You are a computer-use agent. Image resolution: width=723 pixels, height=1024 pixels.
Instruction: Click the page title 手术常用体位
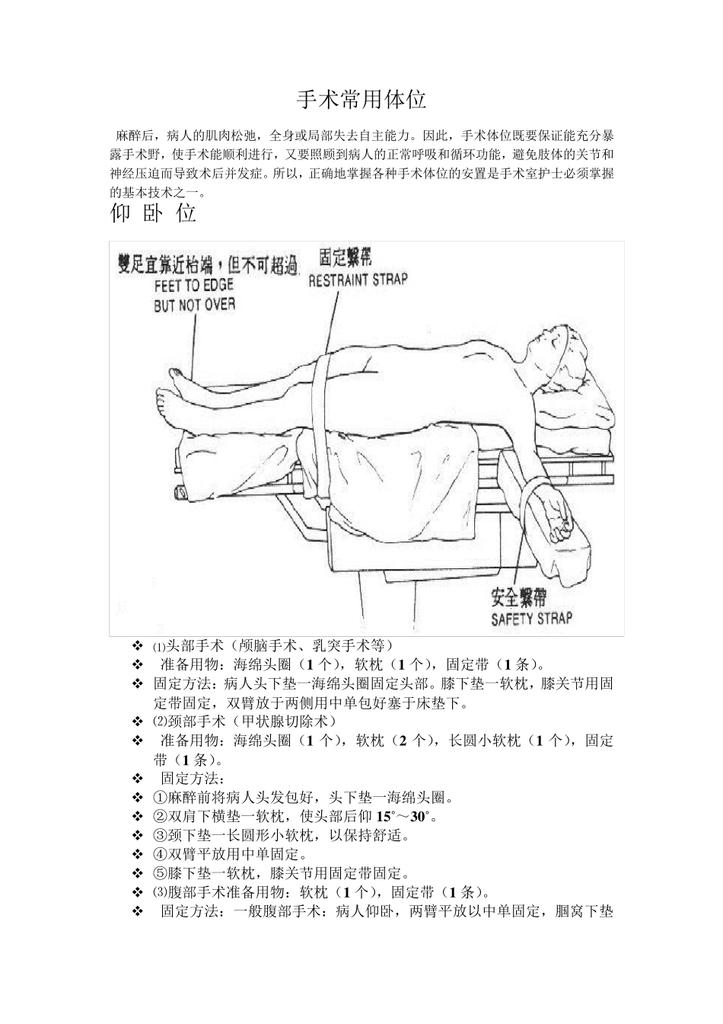tap(361, 100)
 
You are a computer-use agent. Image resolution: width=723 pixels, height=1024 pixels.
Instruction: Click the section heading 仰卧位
tap(154, 213)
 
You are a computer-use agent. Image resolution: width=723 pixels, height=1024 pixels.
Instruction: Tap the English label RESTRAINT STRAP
tap(357, 280)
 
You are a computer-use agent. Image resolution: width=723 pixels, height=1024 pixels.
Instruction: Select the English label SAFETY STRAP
tap(531, 619)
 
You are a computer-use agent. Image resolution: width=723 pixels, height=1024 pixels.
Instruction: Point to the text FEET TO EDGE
tap(193, 286)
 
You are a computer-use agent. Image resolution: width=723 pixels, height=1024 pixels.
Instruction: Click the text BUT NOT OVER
tap(194, 305)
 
